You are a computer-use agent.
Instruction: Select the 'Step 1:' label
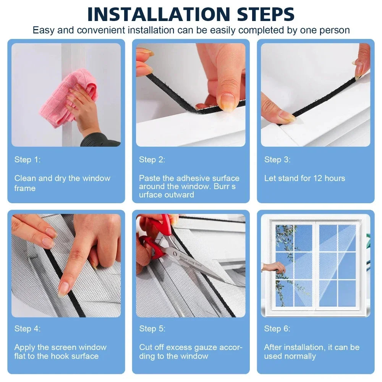click(28, 160)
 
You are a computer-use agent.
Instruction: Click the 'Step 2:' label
click(152, 160)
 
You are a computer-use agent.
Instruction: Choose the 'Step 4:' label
click(28, 329)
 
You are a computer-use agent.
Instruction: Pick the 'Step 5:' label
click(152, 329)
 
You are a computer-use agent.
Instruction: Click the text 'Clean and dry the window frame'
click(62, 183)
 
